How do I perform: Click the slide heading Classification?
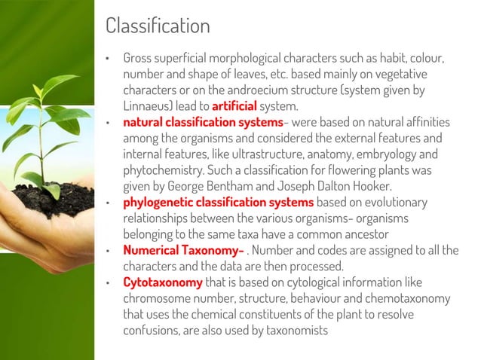tap(158, 27)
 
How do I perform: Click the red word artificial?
tap(234, 105)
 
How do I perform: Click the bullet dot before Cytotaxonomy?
tap(108, 283)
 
